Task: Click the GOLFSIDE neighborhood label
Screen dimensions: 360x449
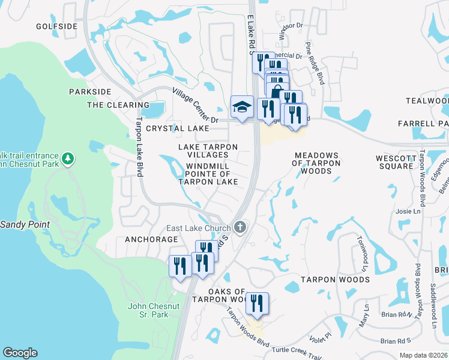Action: [56, 26]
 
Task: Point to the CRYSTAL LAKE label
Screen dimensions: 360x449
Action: [178, 128]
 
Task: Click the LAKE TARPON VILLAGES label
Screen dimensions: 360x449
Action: [208, 151]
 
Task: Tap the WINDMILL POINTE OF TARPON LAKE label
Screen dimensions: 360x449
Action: [208, 174]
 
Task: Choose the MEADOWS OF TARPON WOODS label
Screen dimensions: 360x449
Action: [316, 163]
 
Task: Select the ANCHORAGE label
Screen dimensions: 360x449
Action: [151, 239]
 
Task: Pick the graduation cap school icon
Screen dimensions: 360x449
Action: [241, 107]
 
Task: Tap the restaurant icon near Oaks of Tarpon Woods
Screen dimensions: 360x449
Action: [257, 303]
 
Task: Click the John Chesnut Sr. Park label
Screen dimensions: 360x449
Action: [154, 310]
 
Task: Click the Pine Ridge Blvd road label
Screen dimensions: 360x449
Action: [315, 63]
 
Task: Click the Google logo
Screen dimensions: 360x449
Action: [20, 353]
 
